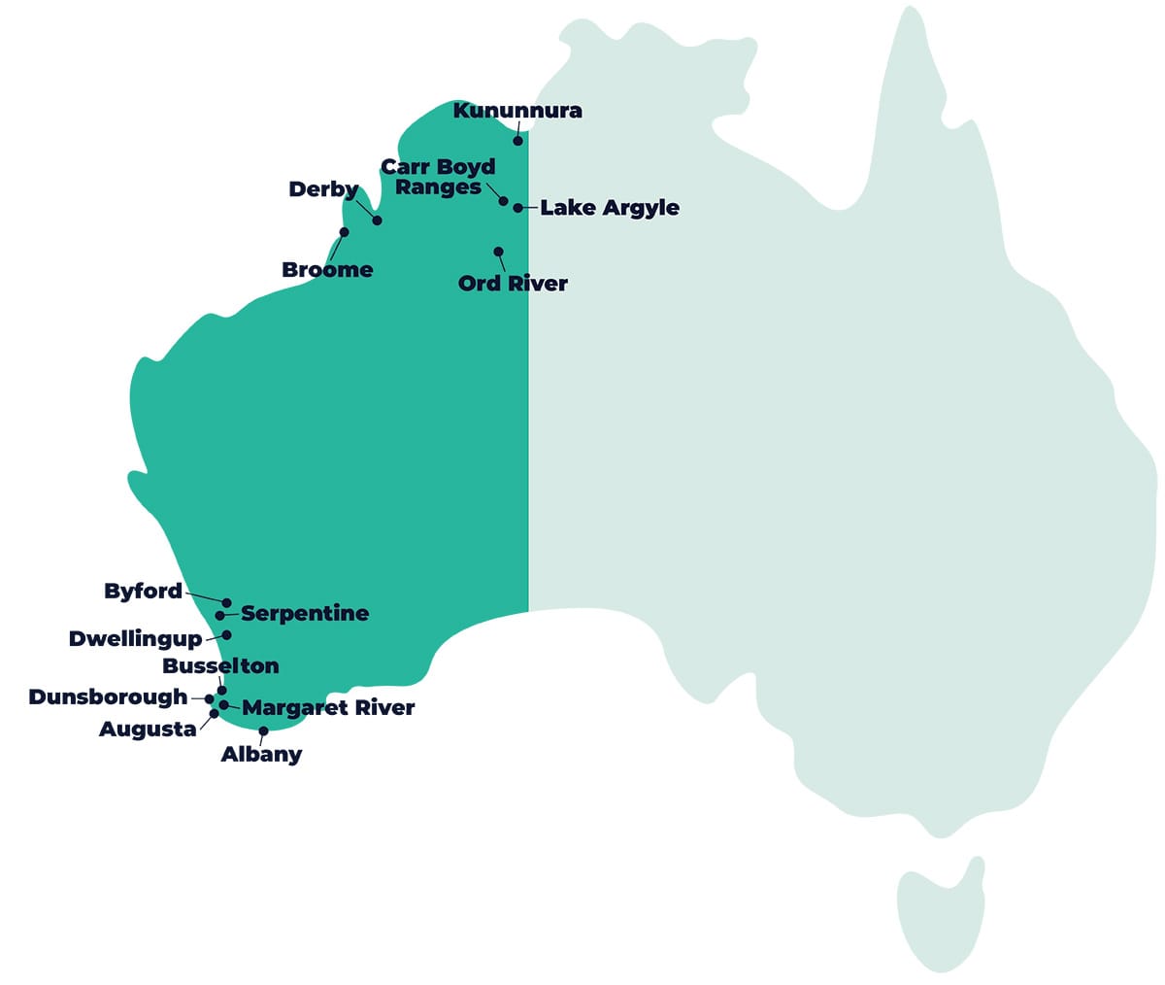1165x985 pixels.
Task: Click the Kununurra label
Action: [x=517, y=111]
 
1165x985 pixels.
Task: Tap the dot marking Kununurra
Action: [x=518, y=141]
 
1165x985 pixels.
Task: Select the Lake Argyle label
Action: [x=610, y=208]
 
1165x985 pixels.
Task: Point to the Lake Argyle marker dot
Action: [x=518, y=208]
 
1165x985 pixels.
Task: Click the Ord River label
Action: [x=513, y=284]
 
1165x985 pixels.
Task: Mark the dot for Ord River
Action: [x=498, y=252]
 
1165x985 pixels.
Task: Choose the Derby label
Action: [x=323, y=189]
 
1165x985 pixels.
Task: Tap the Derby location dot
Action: [x=377, y=221]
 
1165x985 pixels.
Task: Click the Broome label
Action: [x=327, y=270]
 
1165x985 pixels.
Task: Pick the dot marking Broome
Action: [x=344, y=232]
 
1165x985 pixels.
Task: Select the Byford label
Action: [x=143, y=592]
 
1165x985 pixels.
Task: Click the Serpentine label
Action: [x=305, y=614]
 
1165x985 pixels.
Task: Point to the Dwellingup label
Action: [x=135, y=639]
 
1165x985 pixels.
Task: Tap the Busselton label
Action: [x=220, y=666]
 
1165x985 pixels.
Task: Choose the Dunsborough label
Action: [x=108, y=697]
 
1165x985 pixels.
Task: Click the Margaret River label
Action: [x=328, y=708]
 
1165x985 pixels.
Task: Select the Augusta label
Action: [x=148, y=730]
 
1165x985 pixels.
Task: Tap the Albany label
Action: [x=261, y=755]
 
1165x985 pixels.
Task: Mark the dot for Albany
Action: [x=263, y=731]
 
